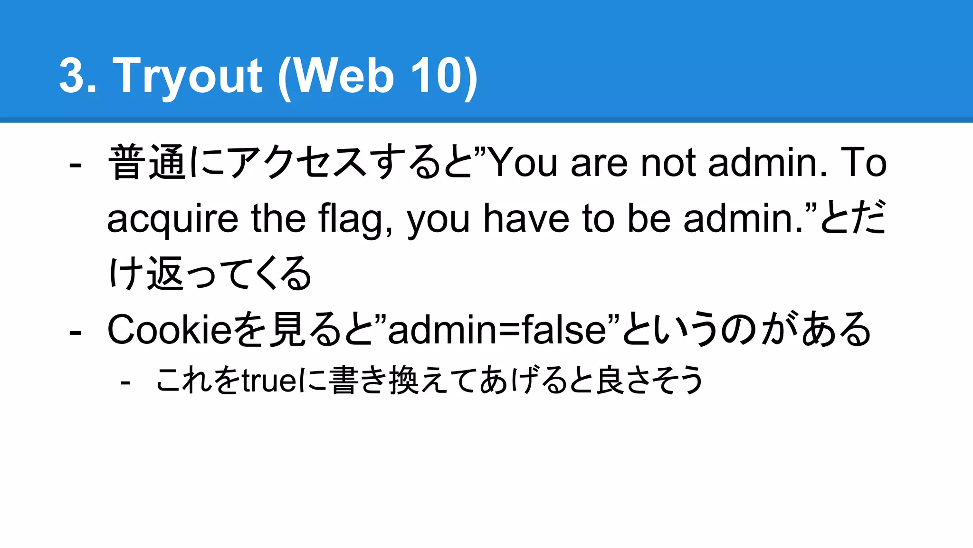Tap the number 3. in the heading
point(77,76)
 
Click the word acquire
point(172,219)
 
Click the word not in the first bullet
point(668,163)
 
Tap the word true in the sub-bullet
point(269,381)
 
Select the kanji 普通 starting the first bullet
point(147,163)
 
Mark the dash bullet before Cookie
point(75,332)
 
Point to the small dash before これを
point(125,382)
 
